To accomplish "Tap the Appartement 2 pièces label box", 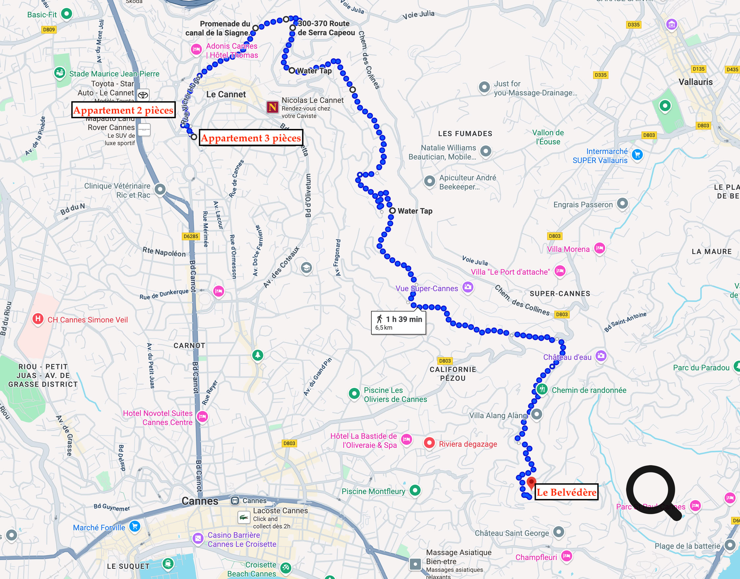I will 123,110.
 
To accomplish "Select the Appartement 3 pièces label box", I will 251,138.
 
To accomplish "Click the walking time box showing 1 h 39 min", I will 398,322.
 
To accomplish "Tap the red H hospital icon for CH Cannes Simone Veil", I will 38,319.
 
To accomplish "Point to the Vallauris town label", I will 695,82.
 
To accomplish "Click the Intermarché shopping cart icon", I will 637,155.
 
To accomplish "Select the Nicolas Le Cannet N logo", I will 272,108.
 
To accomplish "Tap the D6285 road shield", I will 191,236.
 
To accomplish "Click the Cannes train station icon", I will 235,500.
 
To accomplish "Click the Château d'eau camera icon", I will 601,356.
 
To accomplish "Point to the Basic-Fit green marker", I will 66,14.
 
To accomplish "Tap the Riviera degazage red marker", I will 429,443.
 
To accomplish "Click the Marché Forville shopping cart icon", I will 135,526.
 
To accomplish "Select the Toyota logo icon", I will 143,95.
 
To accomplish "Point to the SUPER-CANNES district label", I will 560,293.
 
